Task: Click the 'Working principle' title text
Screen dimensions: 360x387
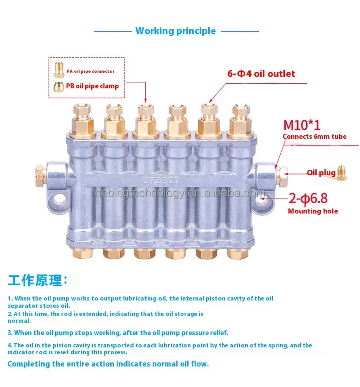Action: coord(175,31)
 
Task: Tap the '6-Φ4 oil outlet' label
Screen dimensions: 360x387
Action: coord(261,74)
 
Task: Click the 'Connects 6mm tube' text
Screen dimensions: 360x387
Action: coord(314,137)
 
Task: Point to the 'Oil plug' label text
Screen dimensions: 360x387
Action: coord(321,173)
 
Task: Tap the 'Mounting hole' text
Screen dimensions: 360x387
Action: coord(313,211)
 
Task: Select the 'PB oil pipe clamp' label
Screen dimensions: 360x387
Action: coord(93,86)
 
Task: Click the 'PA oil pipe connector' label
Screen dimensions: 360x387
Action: coord(90,71)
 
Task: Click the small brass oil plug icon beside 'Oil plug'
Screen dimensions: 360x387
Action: coord(342,172)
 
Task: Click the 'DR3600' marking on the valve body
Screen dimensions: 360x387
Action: coord(161,181)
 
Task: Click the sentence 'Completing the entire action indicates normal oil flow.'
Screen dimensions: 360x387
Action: coord(108,364)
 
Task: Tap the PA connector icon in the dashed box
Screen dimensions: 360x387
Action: coord(59,70)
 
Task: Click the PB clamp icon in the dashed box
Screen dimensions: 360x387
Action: coord(59,86)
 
